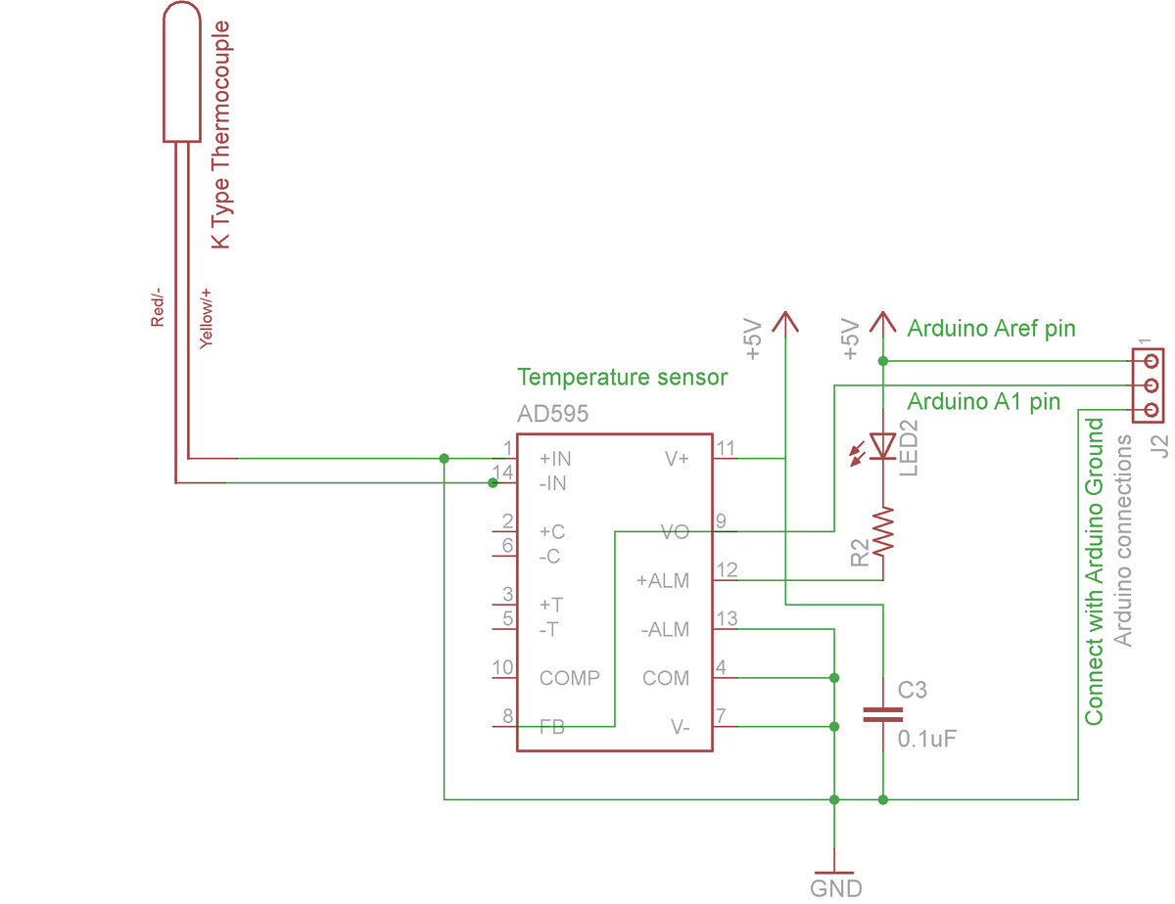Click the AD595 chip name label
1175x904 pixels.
point(552,414)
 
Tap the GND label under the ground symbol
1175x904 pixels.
point(835,888)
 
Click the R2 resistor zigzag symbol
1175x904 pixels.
point(883,531)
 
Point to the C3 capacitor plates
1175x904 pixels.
point(882,714)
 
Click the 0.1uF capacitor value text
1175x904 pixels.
point(927,739)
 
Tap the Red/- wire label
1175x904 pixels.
point(157,307)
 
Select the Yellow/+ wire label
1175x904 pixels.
point(206,319)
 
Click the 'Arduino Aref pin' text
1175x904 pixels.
point(991,329)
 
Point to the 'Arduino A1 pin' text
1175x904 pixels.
point(984,402)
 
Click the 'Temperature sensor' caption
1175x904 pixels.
point(623,377)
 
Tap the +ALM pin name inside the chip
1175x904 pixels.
point(662,580)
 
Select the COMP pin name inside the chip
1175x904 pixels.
point(570,678)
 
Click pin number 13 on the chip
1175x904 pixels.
point(727,619)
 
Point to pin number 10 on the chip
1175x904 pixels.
point(502,667)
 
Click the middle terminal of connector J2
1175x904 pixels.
point(1151,385)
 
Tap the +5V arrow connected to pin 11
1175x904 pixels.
point(785,324)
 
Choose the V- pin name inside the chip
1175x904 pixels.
point(680,727)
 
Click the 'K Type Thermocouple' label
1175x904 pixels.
point(220,134)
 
